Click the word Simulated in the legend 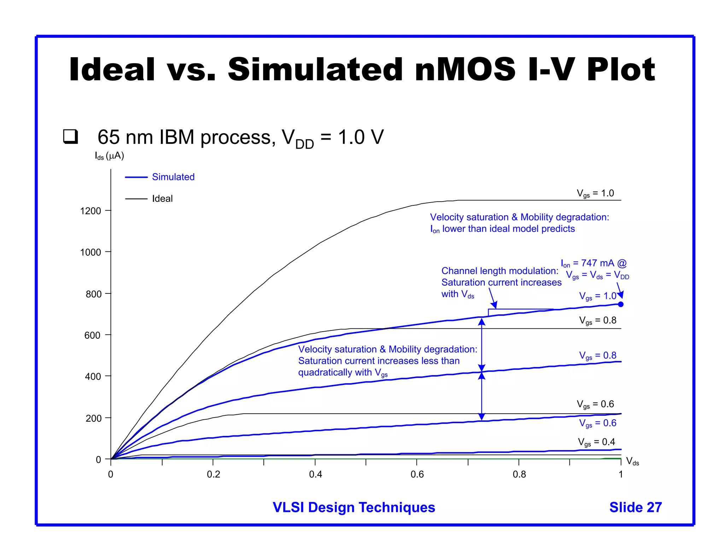(173, 177)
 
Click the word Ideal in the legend (162, 199)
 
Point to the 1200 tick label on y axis (90, 211)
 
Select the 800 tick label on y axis (93, 294)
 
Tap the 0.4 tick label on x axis (315, 474)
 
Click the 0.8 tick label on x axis (519, 474)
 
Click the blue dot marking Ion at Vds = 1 (621, 304)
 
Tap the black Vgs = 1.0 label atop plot (595, 193)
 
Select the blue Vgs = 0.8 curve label (597, 356)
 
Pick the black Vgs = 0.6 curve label (595, 404)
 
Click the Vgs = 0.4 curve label (596, 442)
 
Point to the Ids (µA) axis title (109, 156)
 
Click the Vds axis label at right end (632, 461)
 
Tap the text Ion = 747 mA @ (594, 263)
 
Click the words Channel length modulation (500, 271)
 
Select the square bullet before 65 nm (70, 136)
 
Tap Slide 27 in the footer (635, 507)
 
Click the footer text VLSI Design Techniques (354, 507)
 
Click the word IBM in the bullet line (177, 137)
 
